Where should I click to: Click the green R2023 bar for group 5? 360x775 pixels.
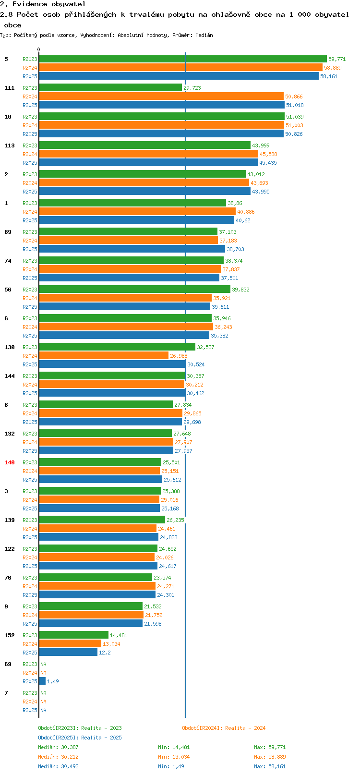tap(182, 59)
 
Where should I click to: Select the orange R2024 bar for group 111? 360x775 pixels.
tap(161, 97)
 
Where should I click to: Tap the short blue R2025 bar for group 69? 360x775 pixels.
tap(42, 681)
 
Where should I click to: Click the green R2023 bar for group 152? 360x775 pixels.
tap(73, 635)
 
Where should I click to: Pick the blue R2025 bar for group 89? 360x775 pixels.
tap(132, 249)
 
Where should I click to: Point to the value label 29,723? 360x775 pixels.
tap(192, 88)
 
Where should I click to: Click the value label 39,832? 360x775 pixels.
tap(240, 290)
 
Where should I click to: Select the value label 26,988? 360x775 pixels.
tap(179, 356)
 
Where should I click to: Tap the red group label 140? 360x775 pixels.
tap(10, 462)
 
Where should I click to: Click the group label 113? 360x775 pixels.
tap(10, 145)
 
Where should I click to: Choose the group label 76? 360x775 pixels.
tap(8, 578)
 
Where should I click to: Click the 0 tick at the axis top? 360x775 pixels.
tap(39, 49)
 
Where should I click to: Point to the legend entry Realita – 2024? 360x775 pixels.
tap(224, 728)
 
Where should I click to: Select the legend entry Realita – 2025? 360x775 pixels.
tap(80, 738)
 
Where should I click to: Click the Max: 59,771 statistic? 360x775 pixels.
tap(270, 747)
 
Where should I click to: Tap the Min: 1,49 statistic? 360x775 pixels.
tap(171, 766)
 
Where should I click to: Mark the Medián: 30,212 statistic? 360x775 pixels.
tap(58, 757)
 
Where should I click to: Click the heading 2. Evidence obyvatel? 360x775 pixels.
tap(43, 4)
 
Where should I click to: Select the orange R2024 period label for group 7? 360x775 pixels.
tap(30, 702)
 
